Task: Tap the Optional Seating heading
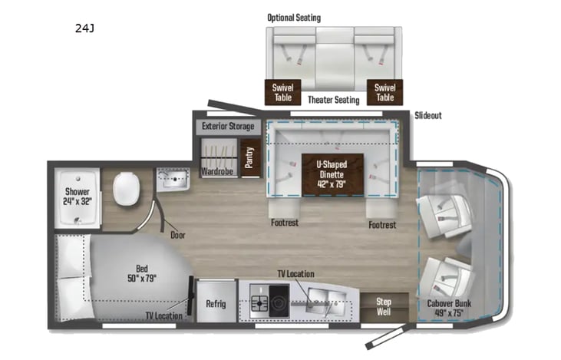(294, 17)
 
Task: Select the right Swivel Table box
(384, 93)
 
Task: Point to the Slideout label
(428, 116)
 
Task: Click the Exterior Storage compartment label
(227, 126)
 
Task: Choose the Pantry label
(249, 157)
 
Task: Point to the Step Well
(383, 307)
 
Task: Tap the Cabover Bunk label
(450, 307)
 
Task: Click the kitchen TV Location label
(295, 274)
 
